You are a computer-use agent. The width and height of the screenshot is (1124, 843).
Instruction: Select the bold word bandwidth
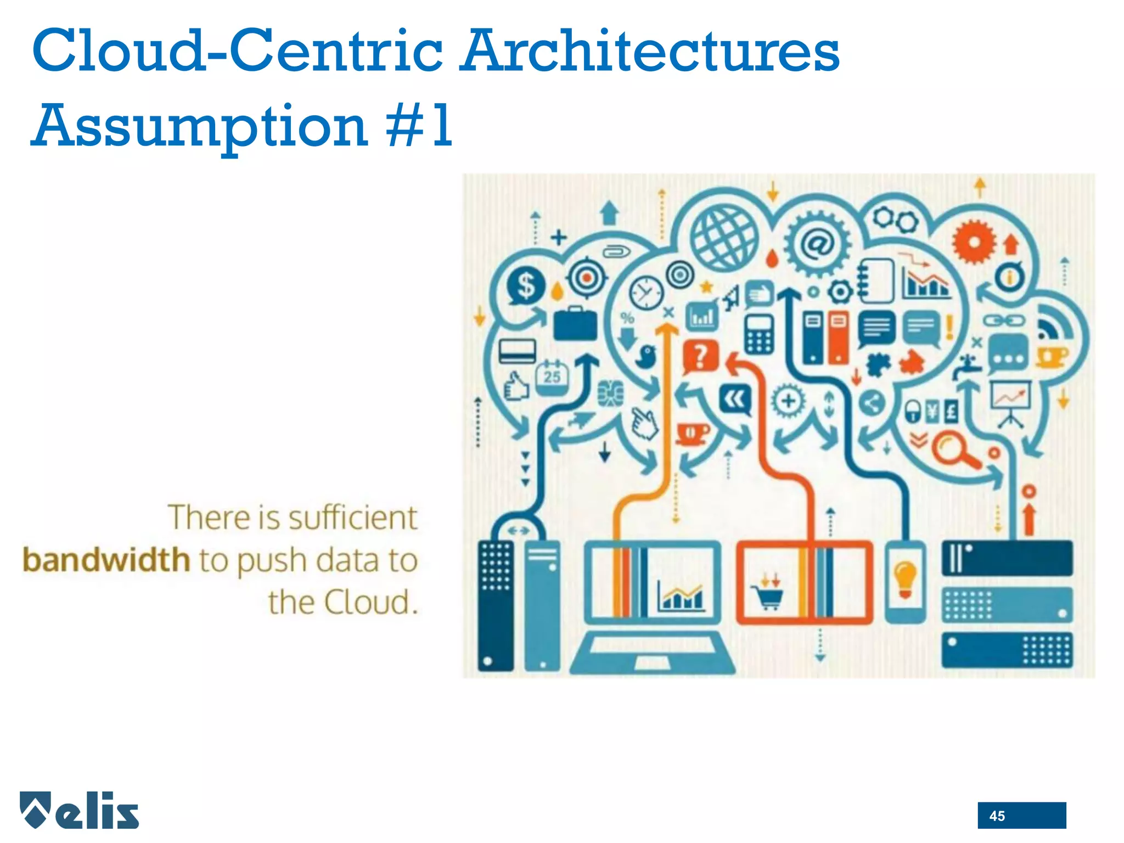point(106,560)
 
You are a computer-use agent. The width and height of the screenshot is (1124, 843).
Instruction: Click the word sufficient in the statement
point(352,518)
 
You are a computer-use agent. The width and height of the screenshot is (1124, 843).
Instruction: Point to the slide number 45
point(997,816)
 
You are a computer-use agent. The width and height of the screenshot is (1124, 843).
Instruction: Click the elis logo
point(80,810)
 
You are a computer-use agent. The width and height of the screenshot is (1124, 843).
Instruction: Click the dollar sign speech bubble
point(526,285)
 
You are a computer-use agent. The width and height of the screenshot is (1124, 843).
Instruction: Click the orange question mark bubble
point(700,356)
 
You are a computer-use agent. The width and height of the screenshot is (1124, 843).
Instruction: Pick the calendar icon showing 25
point(552,377)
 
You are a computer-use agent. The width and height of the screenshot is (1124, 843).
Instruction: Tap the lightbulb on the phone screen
point(905,580)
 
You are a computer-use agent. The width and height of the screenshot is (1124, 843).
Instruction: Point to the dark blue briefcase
point(575,324)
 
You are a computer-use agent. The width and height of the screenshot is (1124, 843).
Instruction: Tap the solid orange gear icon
point(973,241)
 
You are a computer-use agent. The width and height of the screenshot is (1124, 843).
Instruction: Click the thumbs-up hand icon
point(516,386)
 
